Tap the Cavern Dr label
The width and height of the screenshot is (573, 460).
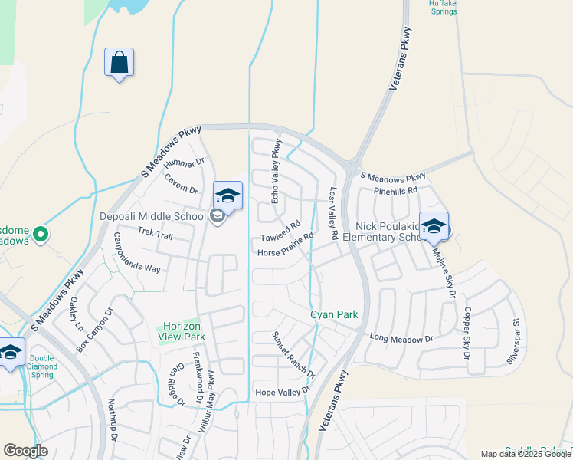click(181, 184)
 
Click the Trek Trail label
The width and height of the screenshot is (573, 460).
click(156, 232)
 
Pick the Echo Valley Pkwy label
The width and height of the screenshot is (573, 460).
click(276, 171)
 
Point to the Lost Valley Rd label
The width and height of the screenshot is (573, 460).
click(333, 215)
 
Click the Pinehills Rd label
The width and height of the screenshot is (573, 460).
click(395, 190)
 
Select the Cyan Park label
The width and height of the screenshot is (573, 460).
click(334, 315)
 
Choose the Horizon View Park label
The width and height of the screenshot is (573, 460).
click(182, 331)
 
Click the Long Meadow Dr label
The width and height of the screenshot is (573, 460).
click(401, 338)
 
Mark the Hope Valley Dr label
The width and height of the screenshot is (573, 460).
click(282, 392)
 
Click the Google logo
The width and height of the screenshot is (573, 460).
click(25, 451)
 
